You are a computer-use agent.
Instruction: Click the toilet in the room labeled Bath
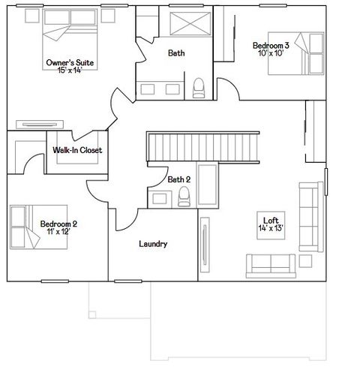(199, 89)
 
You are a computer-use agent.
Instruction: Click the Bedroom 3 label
(271, 46)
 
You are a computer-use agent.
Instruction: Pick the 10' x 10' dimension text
(271, 54)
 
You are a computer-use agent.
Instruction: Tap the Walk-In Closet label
(77, 150)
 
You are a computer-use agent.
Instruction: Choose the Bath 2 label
(178, 179)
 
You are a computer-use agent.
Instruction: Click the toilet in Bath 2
(184, 197)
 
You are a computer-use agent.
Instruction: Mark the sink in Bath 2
(158, 198)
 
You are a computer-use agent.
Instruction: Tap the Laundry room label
(153, 244)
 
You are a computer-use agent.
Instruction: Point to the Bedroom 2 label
(58, 224)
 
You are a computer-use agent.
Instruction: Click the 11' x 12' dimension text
(58, 232)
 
